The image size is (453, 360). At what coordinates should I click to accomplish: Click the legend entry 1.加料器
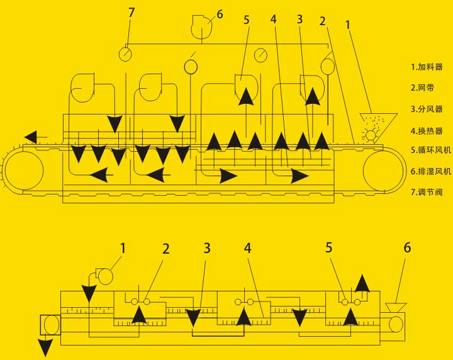pos(427,67)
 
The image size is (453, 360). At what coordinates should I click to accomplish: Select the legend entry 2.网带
pos(422,87)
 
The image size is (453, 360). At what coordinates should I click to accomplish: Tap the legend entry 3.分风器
pos(427,109)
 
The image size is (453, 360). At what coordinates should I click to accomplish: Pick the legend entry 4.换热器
pos(427,131)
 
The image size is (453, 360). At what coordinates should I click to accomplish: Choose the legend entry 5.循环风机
pos(431,150)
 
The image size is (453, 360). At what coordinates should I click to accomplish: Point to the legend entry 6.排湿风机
pos(431,171)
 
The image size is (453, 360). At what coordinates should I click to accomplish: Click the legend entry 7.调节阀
pos(427,192)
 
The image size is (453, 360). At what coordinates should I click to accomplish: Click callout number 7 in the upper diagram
pos(131,13)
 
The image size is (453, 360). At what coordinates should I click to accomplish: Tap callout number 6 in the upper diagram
pos(220,14)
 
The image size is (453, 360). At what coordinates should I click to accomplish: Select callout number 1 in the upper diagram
pos(348,25)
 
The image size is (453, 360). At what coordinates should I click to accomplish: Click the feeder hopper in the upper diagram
pos(378,128)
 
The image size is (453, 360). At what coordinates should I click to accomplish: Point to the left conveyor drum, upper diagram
pos(24,171)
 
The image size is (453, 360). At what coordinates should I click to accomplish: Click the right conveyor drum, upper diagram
pos(383,171)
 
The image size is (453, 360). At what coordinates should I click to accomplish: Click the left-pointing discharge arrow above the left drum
pos(35,137)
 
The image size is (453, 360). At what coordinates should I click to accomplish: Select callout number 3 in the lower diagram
pos(207,248)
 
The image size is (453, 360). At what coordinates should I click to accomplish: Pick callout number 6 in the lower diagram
pos(407,247)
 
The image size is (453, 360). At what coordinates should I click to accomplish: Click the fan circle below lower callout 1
pos(103,276)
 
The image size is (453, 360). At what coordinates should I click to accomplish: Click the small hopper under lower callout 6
pos(396,308)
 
